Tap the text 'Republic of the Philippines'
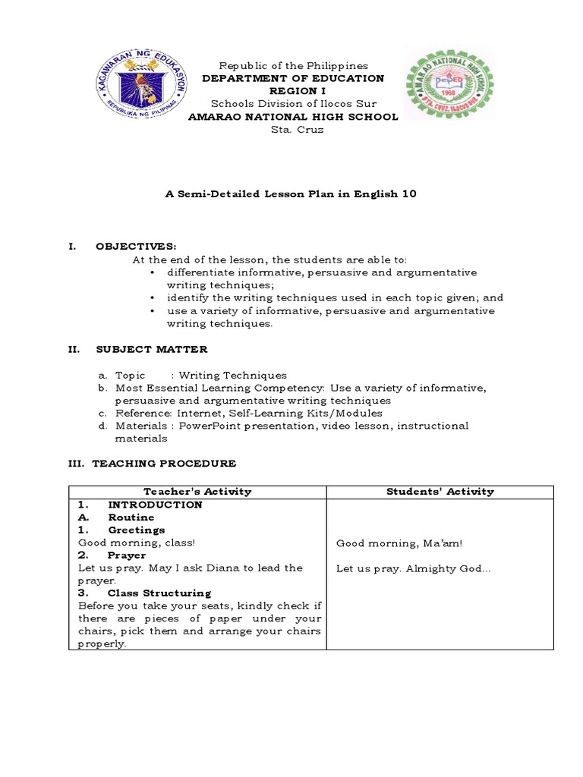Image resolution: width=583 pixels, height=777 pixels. tap(292, 66)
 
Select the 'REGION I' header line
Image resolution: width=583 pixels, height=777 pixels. tap(292, 91)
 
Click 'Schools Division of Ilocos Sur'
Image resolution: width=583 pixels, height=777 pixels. tap(292, 104)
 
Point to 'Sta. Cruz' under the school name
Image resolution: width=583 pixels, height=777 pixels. tap(292, 130)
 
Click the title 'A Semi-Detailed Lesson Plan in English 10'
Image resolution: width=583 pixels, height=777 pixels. tap(291, 194)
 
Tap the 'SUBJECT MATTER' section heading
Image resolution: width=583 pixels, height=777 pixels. tap(151, 349)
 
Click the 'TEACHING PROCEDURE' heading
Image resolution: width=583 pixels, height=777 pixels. tap(164, 463)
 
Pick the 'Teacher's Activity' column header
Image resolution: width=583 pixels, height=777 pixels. tap(197, 492)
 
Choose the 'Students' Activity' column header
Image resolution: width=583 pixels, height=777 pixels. tap(440, 492)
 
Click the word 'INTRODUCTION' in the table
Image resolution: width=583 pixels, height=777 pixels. tap(155, 505)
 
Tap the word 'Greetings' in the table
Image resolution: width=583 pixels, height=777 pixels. tap(136, 530)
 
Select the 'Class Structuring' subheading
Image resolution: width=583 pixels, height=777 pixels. tap(159, 593)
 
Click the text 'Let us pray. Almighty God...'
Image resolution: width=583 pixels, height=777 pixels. tap(414, 568)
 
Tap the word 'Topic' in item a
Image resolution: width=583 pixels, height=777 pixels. tap(130, 375)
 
